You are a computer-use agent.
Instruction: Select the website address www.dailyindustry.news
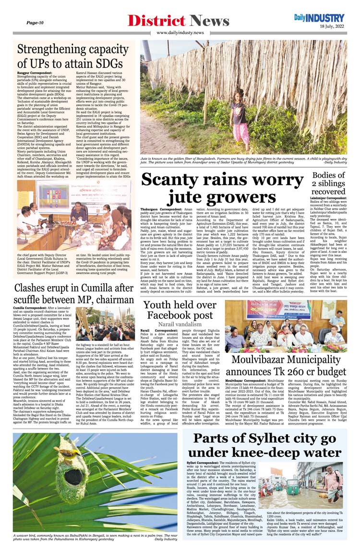[180, 33]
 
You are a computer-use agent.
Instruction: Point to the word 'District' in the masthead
[156, 21]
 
